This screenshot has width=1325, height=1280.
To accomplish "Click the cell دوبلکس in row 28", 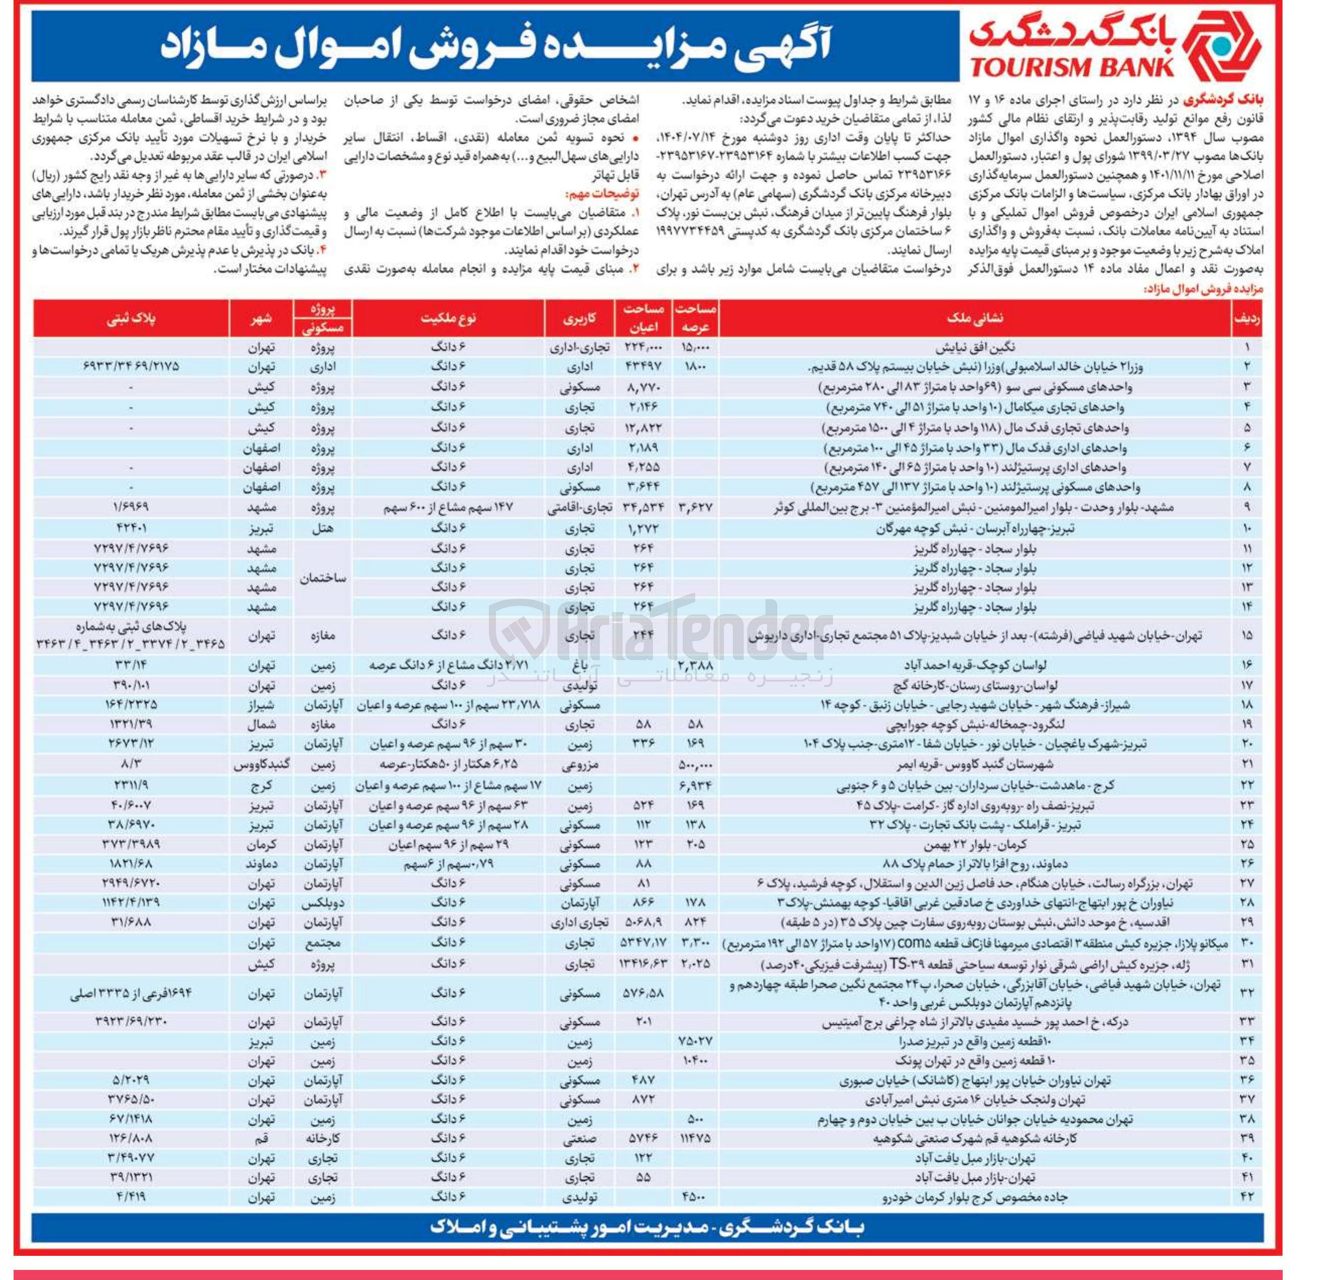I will point(322,903).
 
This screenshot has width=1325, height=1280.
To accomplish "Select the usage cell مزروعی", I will point(580,765).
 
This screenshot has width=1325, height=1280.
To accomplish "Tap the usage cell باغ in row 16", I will point(580,666).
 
